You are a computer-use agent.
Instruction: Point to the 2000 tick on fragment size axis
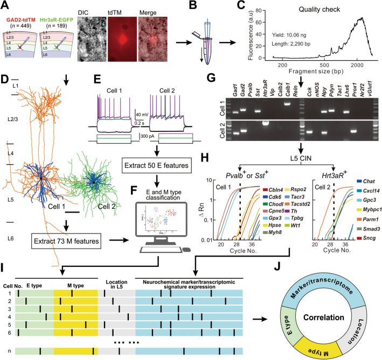pyautogui.click(x=357, y=65)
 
